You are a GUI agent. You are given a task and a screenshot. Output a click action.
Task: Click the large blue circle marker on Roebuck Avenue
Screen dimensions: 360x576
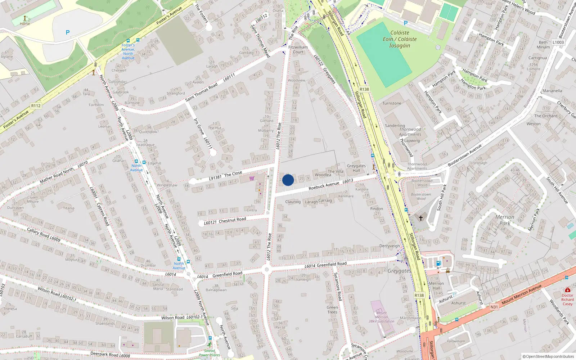click(288, 180)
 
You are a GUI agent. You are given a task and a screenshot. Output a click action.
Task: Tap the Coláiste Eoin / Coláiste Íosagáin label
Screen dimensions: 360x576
click(400, 39)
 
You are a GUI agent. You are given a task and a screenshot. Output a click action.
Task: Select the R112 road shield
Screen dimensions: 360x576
click(36, 105)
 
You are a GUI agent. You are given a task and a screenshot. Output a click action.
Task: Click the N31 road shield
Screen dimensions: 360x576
click(494, 307)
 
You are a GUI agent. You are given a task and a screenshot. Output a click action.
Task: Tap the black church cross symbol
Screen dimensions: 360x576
click(420, 218)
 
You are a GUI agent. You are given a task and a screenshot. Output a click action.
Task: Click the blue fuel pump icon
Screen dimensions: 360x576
click(438, 263)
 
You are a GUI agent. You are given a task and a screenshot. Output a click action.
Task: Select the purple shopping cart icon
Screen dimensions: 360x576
click(252, 178)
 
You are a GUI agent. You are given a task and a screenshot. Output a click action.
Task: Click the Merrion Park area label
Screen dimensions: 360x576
click(505, 220)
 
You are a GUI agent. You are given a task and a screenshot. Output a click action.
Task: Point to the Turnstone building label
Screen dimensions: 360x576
click(392, 103)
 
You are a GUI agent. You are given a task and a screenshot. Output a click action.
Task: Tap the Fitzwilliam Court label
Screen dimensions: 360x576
click(298, 49)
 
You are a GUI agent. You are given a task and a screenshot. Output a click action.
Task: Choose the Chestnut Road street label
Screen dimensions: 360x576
click(232, 220)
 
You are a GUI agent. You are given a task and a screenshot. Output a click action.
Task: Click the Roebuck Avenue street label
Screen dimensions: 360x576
click(324, 186)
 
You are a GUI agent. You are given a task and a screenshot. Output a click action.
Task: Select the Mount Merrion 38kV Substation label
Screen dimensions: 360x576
click(381, 317)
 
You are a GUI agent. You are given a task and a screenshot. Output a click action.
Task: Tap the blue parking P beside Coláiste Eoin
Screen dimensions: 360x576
click(406, 23)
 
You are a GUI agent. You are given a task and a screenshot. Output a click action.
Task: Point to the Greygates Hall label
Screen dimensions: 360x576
click(356, 168)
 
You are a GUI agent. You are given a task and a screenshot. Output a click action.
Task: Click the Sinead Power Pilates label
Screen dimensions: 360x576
click(209, 353)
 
